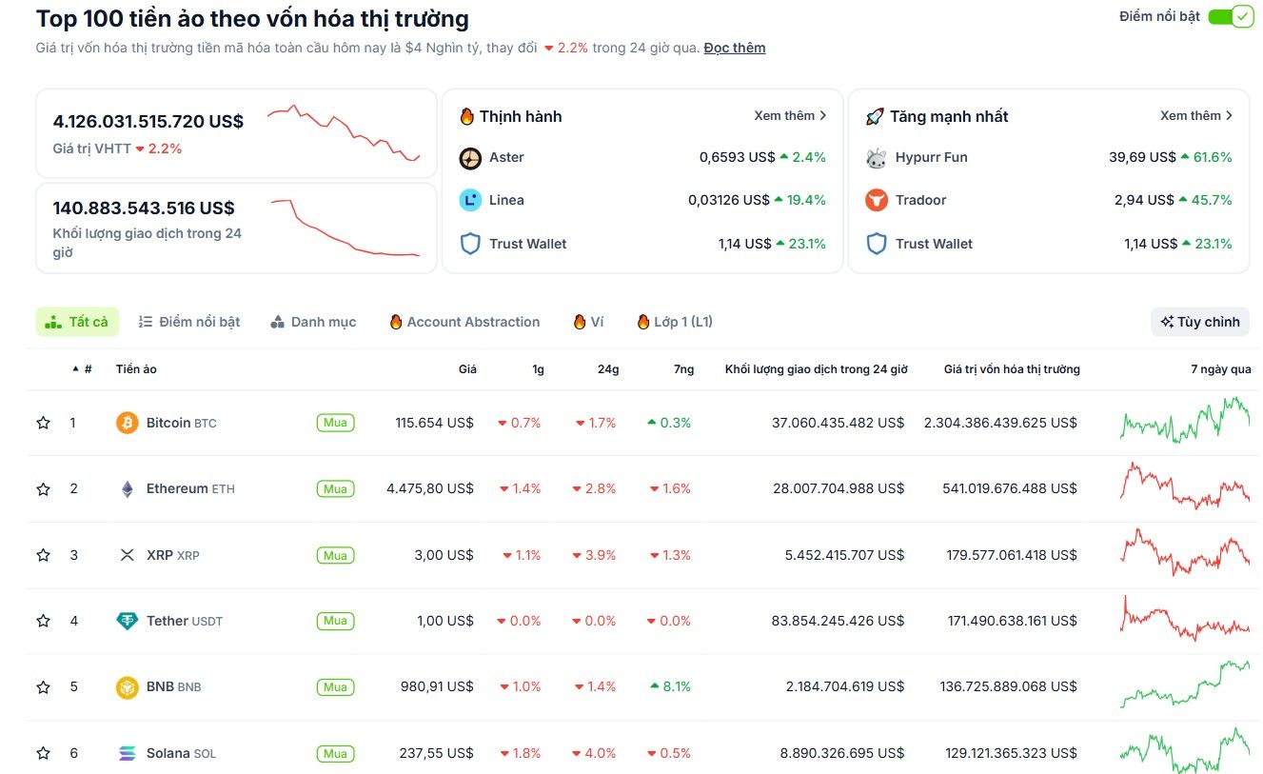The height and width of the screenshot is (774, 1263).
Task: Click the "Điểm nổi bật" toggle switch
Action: pyautogui.click(x=1231, y=17)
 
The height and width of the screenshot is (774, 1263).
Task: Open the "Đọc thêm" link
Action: pyautogui.click(x=734, y=48)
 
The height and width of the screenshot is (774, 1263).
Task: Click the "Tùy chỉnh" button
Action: pyautogui.click(x=1199, y=322)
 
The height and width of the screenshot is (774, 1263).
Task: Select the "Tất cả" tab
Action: pyautogui.click(x=78, y=322)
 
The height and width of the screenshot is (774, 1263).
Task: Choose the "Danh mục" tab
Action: pyautogui.click(x=313, y=322)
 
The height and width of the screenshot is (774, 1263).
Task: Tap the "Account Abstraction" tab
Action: pyautogui.click(x=464, y=322)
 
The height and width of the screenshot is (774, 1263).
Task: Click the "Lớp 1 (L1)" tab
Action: pyautogui.click(x=675, y=322)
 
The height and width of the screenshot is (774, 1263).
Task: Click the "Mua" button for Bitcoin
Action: pyautogui.click(x=335, y=423)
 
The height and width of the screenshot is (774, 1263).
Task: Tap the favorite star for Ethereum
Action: pyautogui.click(x=43, y=489)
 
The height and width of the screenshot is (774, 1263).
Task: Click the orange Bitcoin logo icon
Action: pyautogui.click(x=127, y=423)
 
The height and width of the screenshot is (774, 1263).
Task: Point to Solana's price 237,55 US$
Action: pyautogui.click(x=436, y=753)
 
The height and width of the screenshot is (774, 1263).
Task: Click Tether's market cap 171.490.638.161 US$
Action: pyautogui.click(x=1012, y=621)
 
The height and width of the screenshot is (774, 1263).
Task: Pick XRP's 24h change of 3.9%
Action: pyautogui.click(x=595, y=555)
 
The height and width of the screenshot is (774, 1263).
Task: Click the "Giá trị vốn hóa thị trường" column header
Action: pyautogui.click(x=1011, y=369)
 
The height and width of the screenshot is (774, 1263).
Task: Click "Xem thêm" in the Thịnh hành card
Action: pyautogui.click(x=790, y=116)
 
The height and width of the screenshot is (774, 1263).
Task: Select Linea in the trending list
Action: pyautogui.click(x=506, y=200)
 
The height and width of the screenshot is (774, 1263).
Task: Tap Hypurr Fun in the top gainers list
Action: pyautogui.click(x=930, y=157)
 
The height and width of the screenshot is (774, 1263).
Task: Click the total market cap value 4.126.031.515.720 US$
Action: pyautogui.click(x=148, y=122)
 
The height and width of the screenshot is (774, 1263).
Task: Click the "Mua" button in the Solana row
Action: pyautogui.click(x=335, y=753)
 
